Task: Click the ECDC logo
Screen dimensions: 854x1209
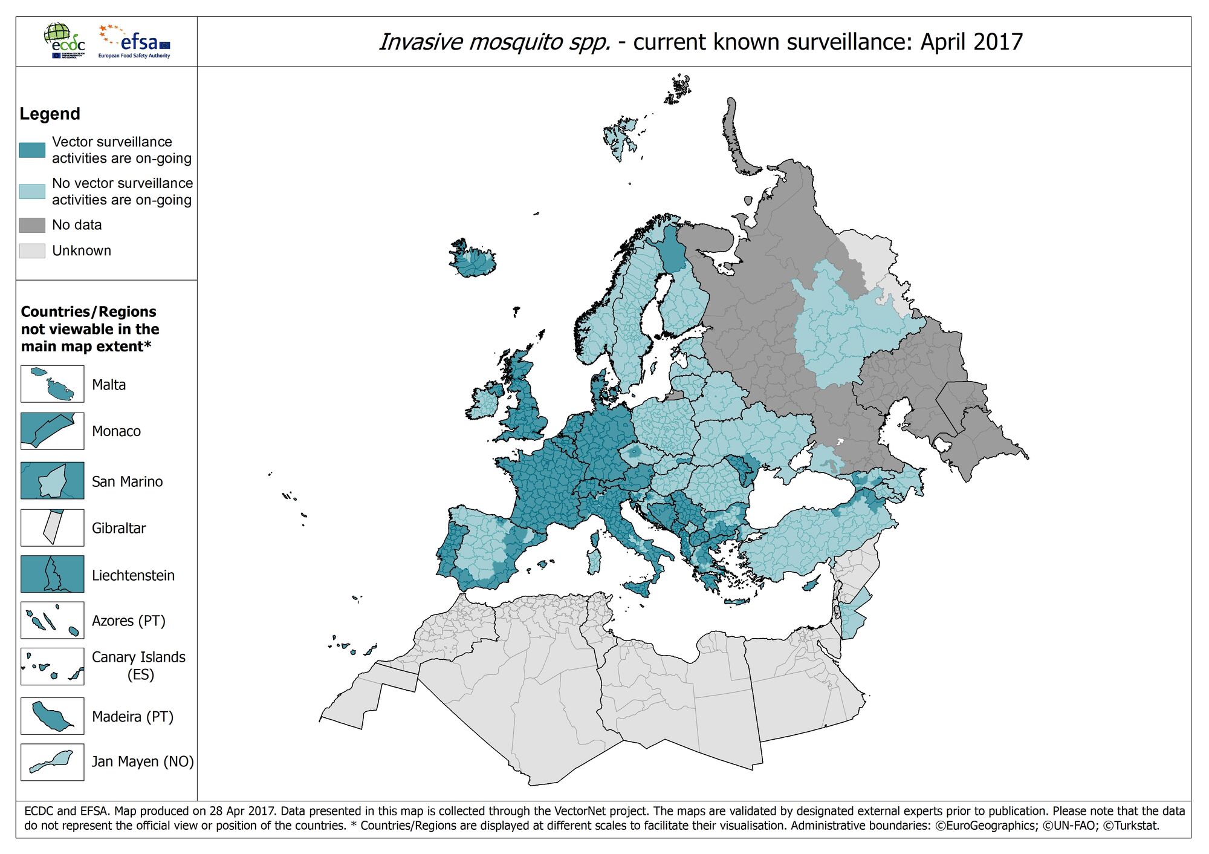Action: pos(64,41)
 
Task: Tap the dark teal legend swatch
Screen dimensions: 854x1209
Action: pos(32,150)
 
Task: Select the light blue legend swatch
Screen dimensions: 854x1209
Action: pos(32,192)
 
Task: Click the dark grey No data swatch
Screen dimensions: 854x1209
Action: pos(32,225)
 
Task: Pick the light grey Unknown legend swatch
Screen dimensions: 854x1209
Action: pos(32,251)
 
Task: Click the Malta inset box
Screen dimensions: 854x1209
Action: pos(53,384)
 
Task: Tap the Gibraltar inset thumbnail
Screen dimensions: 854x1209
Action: pos(53,527)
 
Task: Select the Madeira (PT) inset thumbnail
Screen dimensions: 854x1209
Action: pos(53,716)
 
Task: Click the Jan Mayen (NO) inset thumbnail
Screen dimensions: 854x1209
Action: pos(53,762)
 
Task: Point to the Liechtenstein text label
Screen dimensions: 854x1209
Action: pos(133,575)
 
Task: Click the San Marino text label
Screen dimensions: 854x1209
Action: pos(127,481)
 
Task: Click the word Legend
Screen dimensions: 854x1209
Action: pos(50,114)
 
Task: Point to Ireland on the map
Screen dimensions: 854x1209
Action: pos(484,402)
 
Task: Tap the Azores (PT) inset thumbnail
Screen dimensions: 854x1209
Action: pos(53,621)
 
